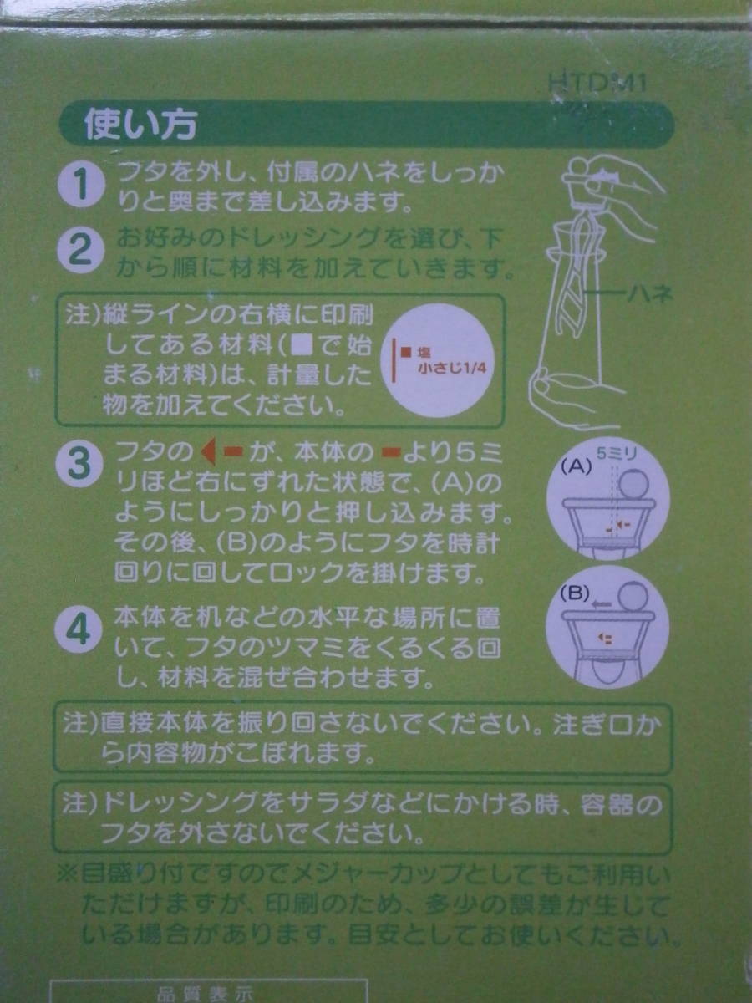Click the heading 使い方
[140, 125]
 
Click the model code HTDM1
[597, 83]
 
